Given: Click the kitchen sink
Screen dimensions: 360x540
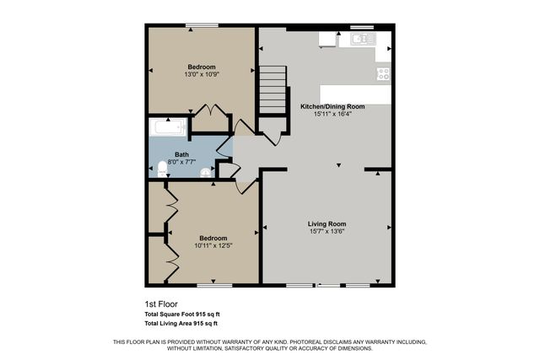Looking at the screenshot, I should tap(364, 39).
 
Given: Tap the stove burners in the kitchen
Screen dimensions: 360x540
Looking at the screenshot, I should tap(383, 73).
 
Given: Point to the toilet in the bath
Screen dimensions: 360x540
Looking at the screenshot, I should tap(162, 170).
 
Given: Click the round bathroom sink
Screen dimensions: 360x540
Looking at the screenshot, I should tap(204, 171).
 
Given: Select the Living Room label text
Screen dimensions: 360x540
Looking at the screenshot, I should tap(327, 223).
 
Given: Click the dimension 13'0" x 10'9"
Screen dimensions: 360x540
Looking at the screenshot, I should tap(202, 74).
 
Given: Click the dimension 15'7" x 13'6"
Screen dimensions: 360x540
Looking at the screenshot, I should tap(327, 231).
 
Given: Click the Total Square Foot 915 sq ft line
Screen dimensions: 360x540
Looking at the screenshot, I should tap(181, 314).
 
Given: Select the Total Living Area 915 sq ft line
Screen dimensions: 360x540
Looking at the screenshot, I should tap(181, 323).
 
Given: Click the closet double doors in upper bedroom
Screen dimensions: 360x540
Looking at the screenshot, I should tap(208, 110).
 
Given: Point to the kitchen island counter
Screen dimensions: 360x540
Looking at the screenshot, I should tap(354, 94).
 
